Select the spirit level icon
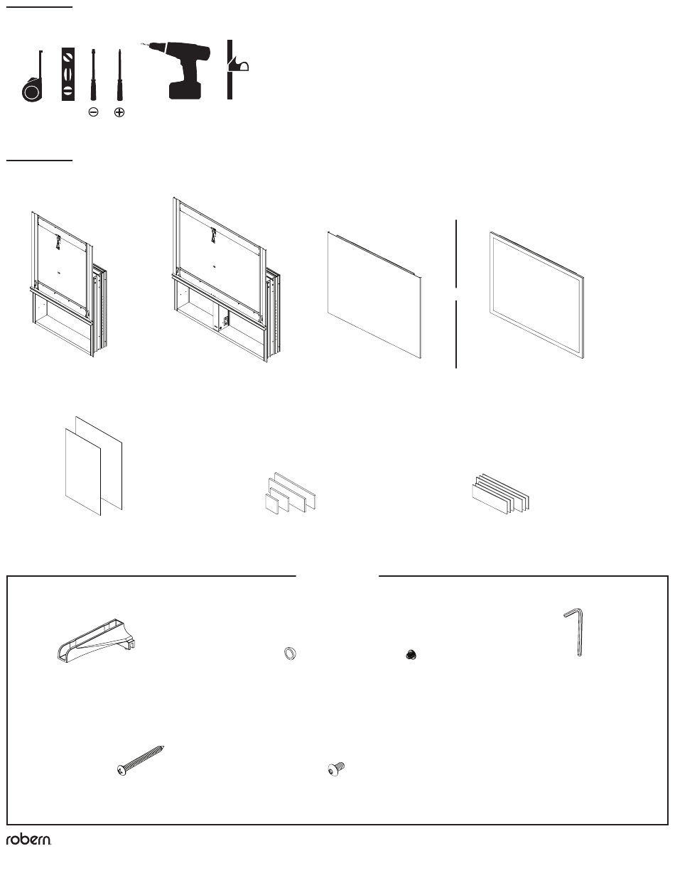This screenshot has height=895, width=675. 68,74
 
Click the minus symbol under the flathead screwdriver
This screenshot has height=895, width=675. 93,112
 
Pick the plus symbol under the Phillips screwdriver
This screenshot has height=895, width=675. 119,112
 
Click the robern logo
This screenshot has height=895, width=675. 28,840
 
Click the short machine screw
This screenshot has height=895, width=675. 336,769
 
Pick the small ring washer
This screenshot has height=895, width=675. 290,653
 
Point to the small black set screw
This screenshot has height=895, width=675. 411,655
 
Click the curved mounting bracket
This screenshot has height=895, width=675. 96,640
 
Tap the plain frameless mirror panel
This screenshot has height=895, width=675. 374,295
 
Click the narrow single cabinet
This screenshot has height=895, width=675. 68,285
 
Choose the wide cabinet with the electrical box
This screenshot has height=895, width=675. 225,280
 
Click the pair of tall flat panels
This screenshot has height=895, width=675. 93,466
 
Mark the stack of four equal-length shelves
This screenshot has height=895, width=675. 500,494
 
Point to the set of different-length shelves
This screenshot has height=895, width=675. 290,494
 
